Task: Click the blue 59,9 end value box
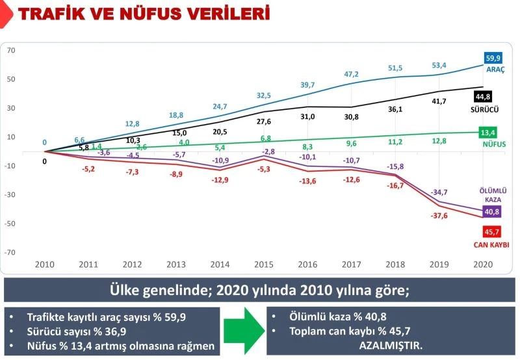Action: pos(496,57)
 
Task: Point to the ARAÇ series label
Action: pos(496,69)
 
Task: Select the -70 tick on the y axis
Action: pos(11,252)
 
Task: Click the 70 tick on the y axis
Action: pos(11,50)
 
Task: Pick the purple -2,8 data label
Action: pos(268,151)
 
